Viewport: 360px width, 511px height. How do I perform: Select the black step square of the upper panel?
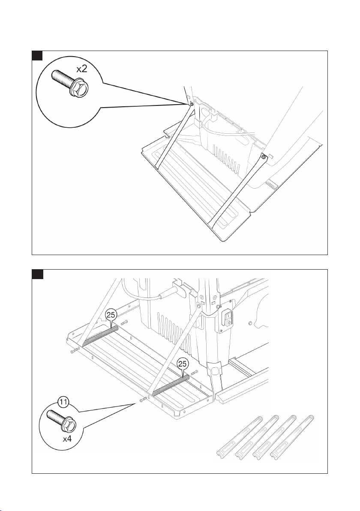click(37, 55)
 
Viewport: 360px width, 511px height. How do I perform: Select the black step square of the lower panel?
click(37, 274)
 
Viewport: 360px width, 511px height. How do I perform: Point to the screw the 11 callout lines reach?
click(142, 401)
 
